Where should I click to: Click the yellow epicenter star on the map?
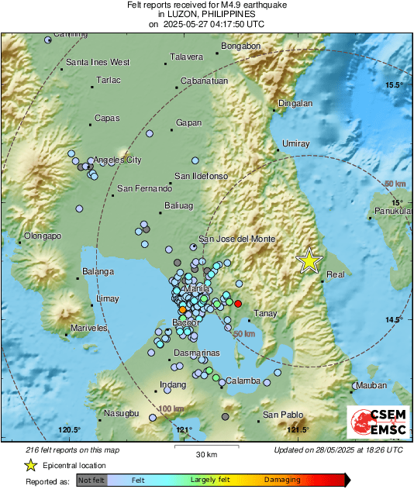pyautogui.click(x=309, y=261)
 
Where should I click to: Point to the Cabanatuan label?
pyautogui.click(x=204, y=81)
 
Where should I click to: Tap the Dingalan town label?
pyautogui.click(x=295, y=103)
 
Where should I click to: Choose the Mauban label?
pyautogui.click(x=371, y=385)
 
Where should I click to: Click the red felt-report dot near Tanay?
pyautogui.click(x=238, y=303)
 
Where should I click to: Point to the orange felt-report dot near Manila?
pyautogui.click(x=182, y=310)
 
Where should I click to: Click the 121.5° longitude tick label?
pyautogui.click(x=298, y=430)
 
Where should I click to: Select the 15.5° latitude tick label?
pyautogui.click(x=396, y=84)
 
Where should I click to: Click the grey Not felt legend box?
pyautogui.click(x=90, y=480)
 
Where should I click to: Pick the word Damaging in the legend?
pyautogui.click(x=282, y=480)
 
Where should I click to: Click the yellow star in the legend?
pyautogui.click(x=30, y=465)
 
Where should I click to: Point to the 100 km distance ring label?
pyautogui.click(x=172, y=408)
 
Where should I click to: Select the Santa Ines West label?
pyautogui.click(x=98, y=62)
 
